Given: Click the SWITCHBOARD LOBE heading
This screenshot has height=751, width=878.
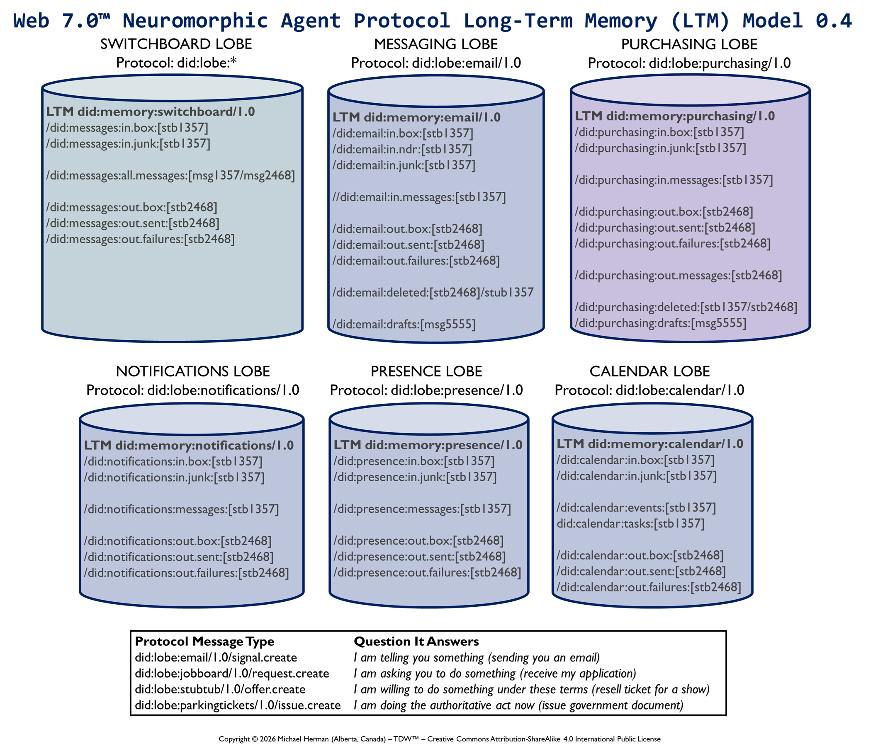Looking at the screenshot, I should point(176,44).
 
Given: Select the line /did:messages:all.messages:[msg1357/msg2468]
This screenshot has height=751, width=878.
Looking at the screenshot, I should point(170,175).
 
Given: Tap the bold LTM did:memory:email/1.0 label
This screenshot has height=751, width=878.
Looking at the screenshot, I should point(416,117).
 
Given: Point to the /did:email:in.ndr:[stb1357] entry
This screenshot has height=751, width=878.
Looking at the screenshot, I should point(402,149).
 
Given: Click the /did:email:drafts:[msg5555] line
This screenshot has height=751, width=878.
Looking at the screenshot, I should point(404,325).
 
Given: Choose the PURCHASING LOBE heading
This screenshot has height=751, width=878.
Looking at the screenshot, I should point(689,44).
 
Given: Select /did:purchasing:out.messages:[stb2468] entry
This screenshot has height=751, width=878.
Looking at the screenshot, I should point(678,275).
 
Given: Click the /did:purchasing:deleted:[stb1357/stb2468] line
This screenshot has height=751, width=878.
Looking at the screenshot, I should point(686,307).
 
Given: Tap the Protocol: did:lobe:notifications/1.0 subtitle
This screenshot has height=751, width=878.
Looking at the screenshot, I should point(193,390).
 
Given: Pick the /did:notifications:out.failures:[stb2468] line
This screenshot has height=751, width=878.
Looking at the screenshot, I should point(186,573).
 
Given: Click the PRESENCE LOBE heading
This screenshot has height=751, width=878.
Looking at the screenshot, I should point(426,371).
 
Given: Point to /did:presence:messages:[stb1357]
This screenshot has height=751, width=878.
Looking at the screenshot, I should point(422,509).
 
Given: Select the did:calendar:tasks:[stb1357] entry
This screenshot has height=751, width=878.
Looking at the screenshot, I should point(630,523).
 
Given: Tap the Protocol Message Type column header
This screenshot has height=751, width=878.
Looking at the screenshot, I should point(204,641).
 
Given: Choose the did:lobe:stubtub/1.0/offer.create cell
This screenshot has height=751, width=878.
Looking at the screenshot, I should point(220,689).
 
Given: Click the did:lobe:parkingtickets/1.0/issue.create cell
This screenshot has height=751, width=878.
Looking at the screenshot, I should point(238,705).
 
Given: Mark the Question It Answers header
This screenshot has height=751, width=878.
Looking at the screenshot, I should point(416,641).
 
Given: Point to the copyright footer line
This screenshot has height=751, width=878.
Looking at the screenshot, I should point(439,739).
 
